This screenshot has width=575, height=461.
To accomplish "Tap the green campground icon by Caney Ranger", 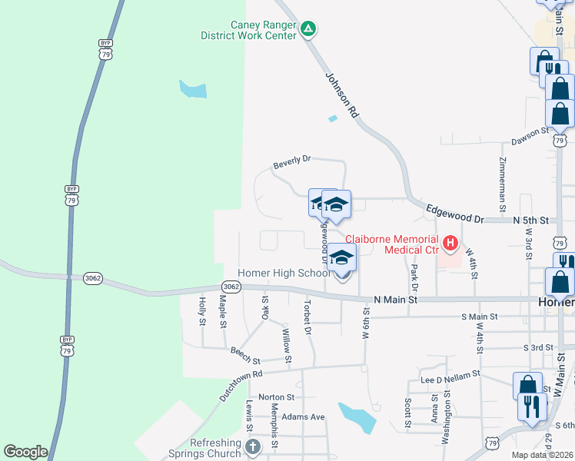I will coord(307,29).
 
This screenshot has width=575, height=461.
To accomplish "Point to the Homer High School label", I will coord(284,273).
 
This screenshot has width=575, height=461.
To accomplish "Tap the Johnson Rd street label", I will coord(342,95).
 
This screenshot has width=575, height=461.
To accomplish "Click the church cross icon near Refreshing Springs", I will coord(253,446).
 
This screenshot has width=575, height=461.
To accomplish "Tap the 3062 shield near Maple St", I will coord(231,287).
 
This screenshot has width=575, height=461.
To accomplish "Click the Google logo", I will coord(25,452).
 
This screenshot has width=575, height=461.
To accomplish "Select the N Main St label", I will coord(395,300).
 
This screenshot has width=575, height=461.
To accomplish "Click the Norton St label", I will coord(277,397).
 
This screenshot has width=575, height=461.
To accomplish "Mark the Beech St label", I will coord(245,354).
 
